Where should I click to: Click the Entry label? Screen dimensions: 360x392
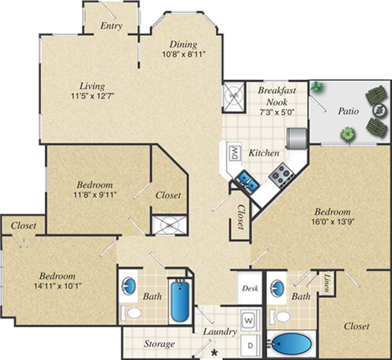[111, 26]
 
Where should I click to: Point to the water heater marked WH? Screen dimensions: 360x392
[234, 95]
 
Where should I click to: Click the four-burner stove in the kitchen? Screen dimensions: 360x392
[283, 172]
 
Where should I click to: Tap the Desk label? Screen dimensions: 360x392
[250, 288]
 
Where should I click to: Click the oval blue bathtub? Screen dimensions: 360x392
[292, 344]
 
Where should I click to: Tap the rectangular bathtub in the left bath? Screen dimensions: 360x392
[180, 300]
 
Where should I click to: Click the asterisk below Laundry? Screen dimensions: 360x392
[215, 351]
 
